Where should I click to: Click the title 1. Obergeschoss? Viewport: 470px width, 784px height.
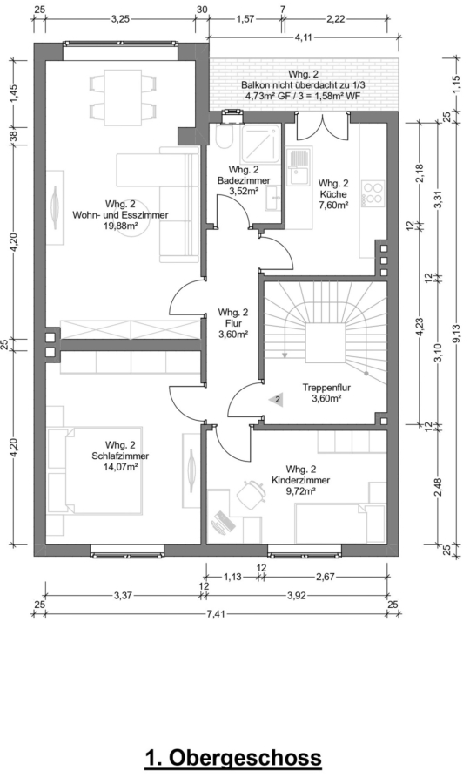[x=233, y=758]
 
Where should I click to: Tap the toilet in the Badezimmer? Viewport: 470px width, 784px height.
[x=224, y=137]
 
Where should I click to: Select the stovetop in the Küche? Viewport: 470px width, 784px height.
[x=373, y=193]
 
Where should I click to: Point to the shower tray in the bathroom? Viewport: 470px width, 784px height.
[x=262, y=143]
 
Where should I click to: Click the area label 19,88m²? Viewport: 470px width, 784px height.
[x=120, y=226]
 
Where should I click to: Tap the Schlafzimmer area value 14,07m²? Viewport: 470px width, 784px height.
[x=120, y=467]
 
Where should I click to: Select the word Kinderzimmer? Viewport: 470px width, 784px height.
[x=300, y=481]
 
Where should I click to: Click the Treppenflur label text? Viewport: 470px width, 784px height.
[x=326, y=388]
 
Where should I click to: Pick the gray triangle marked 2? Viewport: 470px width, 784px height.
[x=276, y=400]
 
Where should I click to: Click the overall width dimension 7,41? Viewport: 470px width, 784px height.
[x=216, y=614]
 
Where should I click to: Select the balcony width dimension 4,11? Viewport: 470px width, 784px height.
[x=303, y=37]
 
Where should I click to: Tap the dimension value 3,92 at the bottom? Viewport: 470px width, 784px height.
[x=296, y=596]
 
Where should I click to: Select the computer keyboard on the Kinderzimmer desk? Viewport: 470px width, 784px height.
[x=224, y=522]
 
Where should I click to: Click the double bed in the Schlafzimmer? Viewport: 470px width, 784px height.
[x=95, y=470]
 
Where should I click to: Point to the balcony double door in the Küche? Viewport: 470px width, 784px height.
[x=321, y=126]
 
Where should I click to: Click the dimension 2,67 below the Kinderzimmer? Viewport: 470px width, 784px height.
[x=325, y=577]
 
